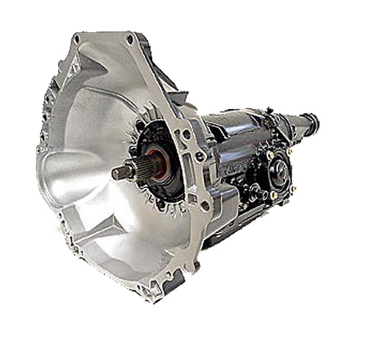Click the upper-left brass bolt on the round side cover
(270, 155)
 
